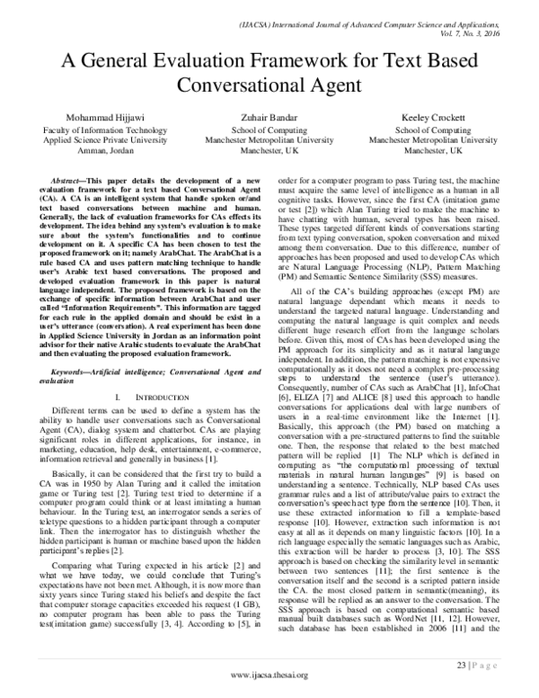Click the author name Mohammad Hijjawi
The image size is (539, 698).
[98, 119]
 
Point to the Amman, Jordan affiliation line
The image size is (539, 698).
[99, 152]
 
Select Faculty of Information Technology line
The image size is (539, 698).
[99, 130]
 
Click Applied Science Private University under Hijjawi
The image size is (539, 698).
[99, 141]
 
